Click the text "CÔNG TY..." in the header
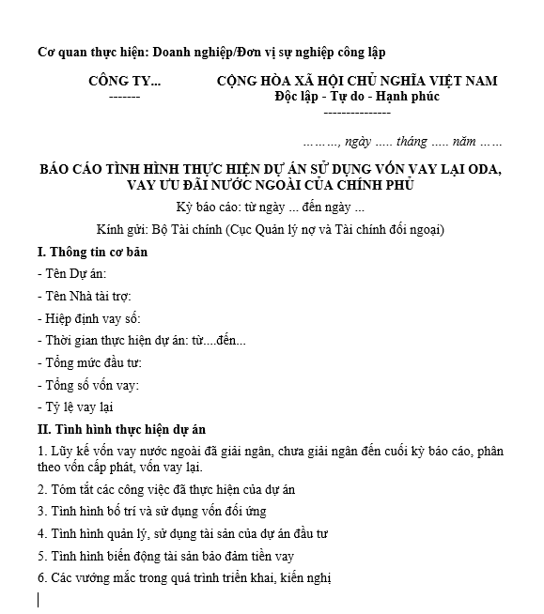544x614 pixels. pyautogui.click(x=124, y=81)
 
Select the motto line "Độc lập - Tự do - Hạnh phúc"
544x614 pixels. pyautogui.click(x=357, y=97)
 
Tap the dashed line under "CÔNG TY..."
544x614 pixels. pyautogui.click(x=124, y=98)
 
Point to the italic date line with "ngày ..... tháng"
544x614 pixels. pyautogui.click(x=402, y=143)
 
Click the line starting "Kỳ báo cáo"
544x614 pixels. pyautogui.click(x=270, y=207)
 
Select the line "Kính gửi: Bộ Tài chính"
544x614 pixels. pyautogui.click(x=271, y=229)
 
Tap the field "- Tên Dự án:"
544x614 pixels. pyautogui.click(x=72, y=273)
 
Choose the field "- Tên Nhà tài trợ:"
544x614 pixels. pyautogui.click(x=84, y=296)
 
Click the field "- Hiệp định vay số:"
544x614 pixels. pyautogui.click(x=88, y=317)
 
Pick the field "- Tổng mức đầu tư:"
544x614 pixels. pyautogui.click(x=89, y=361)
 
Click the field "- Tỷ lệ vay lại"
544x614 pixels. pyautogui.click(x=75, y=407)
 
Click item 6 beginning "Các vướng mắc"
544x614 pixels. pyautogui.click(x=184, y=578)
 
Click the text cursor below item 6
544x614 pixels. pyautogui.click(x=39, y=600)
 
